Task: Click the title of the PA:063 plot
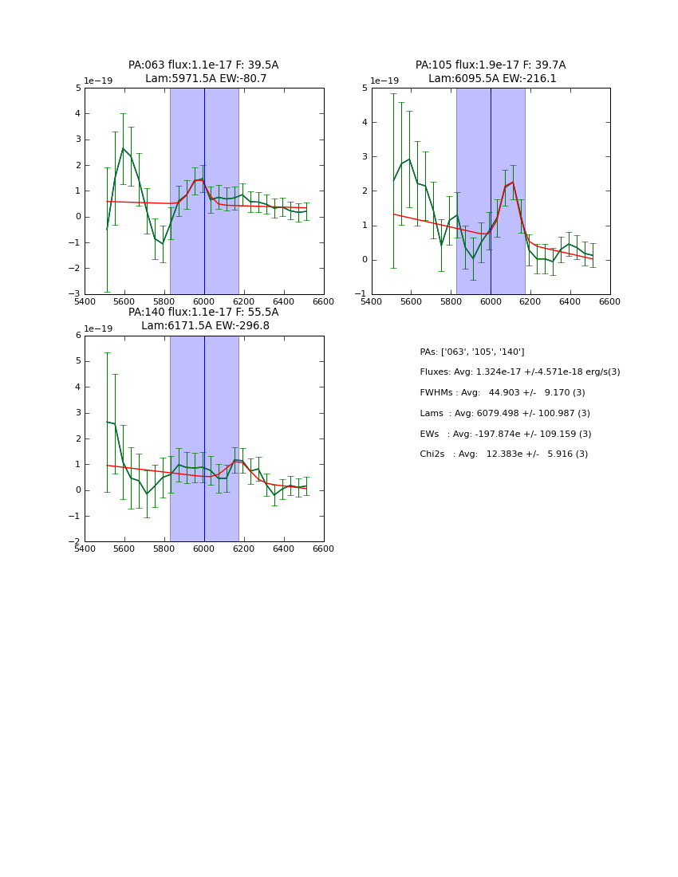pyautogui.click(x=203, y=72)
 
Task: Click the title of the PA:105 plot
pyautogui.click(x=491, y=72)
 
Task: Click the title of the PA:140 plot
pyautogui.click(x=203, y=319)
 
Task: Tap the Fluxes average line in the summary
pyautogui.click(x=519, y=372)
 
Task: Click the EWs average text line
pyautogui.click(x=506, y=434)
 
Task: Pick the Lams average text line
pyautogui.click(x=505, y=414)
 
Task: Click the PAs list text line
pyautogui.click(x=472, y=352)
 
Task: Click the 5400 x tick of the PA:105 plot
pyautogui.click(x=372, y=301)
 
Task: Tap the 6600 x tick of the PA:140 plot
pyautogui.click(x=324, y=549)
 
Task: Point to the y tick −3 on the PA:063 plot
pyautogui.click(x=77, y=294)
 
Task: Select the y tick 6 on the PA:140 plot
pyautogui.click(x=78, y=336)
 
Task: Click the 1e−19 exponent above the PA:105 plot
pyautogui.click(x=385, y=81)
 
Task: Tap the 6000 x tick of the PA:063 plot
pyautogui.click(x=204, y=301)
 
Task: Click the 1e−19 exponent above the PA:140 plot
pyautogui.click(x=98, y=328)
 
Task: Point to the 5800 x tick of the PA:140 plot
pyautogui.click(x=164, y=549)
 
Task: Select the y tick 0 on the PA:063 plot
pyautogui.click(x=78, y=217)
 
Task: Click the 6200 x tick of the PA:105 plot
pyautogui.click(x=530, y=301)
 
